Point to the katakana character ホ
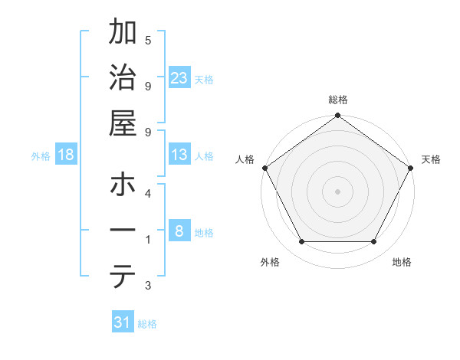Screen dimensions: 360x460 (x=123, y=185)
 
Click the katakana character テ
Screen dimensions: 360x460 (x=123, y=277)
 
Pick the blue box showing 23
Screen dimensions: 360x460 (x=179, y=78)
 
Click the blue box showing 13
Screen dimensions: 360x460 (x=179, y=155)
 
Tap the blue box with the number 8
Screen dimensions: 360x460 (x=179, y=231)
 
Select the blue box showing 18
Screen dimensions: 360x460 (x=66, y=155)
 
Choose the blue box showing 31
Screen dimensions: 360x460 (x=123, y=322)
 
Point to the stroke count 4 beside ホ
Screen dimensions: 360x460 (x=147, y=193)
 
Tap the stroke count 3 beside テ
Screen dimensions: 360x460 (x=147, y=286)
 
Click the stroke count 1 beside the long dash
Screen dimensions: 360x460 (x=147, y=240)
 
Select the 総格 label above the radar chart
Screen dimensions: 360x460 (x=337, y=100)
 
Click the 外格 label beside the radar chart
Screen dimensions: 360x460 (x=270, y=262)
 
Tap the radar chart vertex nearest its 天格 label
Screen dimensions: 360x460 (x=411, y=167)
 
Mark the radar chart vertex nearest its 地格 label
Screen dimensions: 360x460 (x=374, y=242)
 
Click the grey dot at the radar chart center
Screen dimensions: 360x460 (x=337, y=191)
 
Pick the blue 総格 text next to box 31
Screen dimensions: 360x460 (x=147, y=324)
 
